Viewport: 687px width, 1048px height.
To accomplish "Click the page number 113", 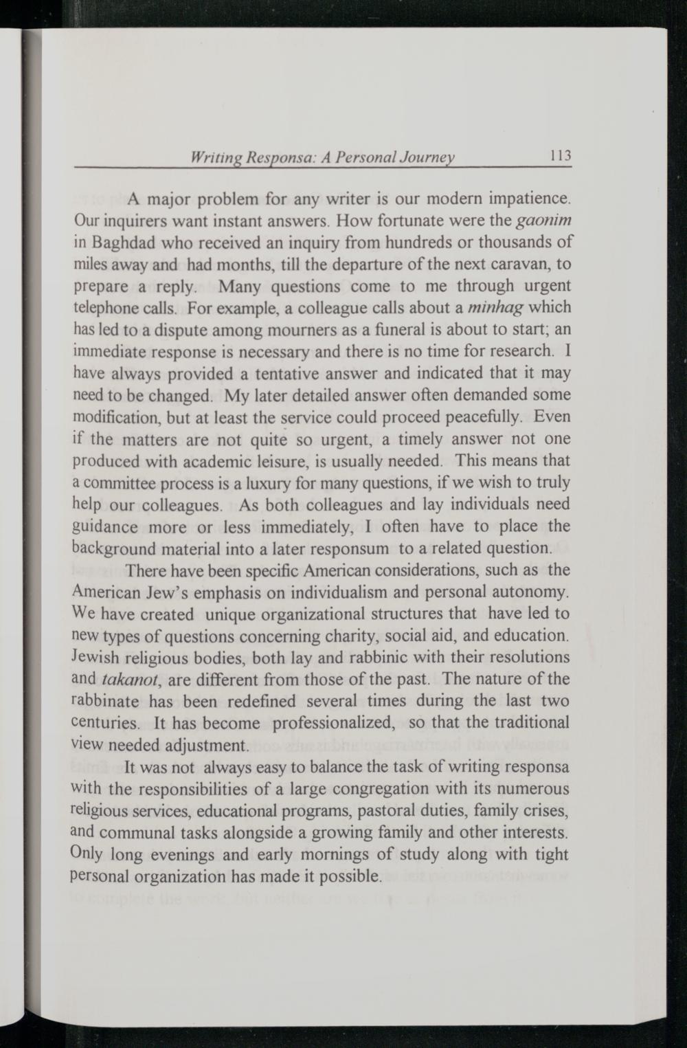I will click(561, 155).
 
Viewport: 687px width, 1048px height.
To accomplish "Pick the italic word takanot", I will click(128, 679).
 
